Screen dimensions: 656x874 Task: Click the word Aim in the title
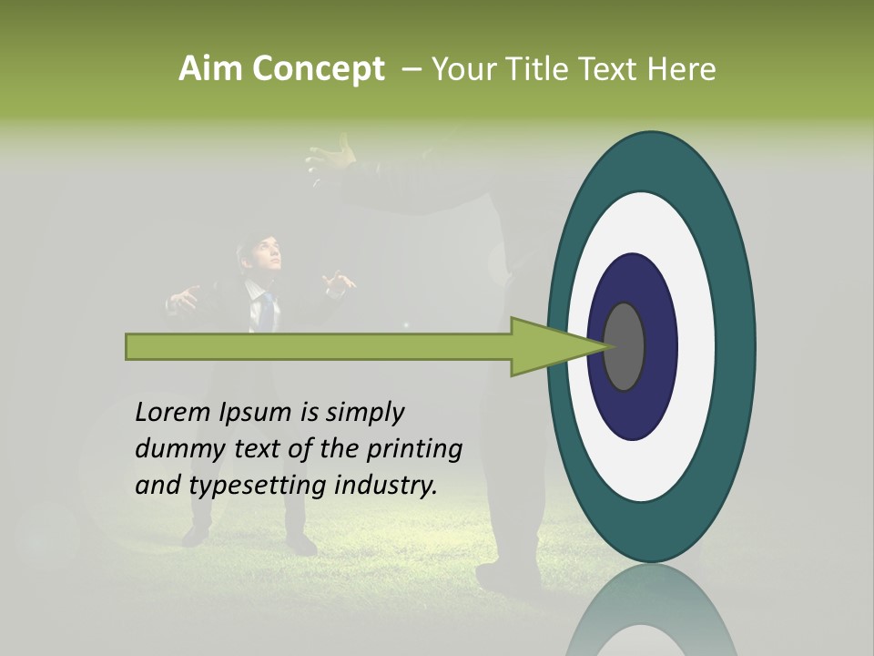pyautogui.click(x=210, y=69)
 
